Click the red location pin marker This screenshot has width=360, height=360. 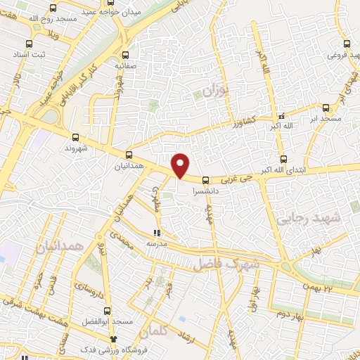[x=181, y=165]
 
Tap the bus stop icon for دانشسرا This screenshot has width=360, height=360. [x=205, y=180]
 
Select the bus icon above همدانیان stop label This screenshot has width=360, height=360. [x=129, y=155]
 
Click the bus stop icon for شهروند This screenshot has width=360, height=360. [x=75, y=138]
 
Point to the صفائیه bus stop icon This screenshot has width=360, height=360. [x=125, y=54]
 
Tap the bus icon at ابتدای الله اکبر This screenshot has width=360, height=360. [x=283, y=160]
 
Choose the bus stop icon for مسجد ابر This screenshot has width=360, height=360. [x=326, y=108]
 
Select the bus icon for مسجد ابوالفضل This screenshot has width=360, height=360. [x=107, y=311]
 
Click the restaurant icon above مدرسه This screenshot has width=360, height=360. [x=157, y=232]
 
